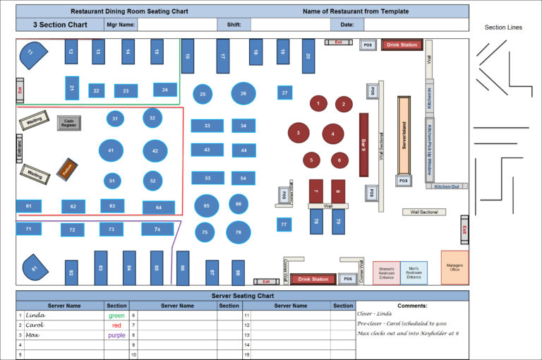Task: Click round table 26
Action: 243,93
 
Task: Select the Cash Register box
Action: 69,124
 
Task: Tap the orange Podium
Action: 67,168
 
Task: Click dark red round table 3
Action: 299,133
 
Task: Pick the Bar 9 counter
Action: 363,145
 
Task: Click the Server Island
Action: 404,136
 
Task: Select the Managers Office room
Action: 454,267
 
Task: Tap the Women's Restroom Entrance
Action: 387,273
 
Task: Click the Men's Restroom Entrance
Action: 414,273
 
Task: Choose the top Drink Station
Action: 402,44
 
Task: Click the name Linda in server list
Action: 35,316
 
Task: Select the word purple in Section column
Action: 116,335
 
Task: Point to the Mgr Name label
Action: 120,25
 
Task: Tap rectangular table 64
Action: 159,208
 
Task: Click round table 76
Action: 239,232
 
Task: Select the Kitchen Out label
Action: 446,186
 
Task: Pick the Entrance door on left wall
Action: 20,150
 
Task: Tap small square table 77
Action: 284,224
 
